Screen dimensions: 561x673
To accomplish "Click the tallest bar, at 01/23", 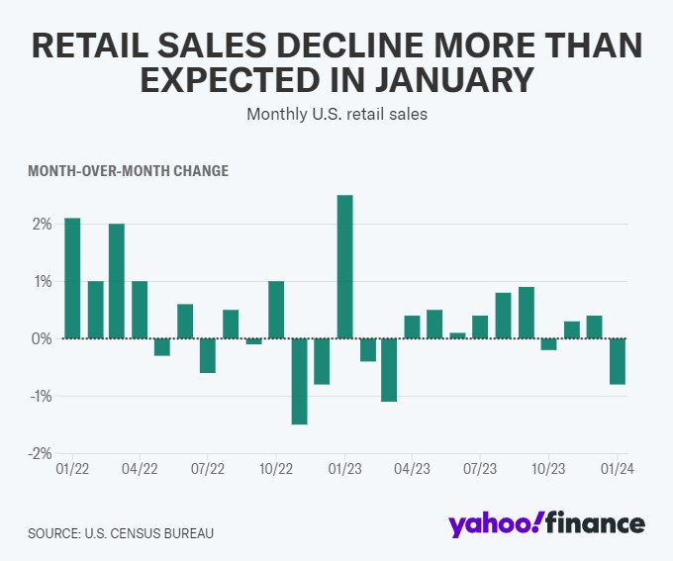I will click(344, 267).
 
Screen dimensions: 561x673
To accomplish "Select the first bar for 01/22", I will click(72, 278).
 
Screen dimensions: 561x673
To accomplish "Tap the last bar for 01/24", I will click(618, 361).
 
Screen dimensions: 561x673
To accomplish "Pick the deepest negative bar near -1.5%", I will click(299, 381).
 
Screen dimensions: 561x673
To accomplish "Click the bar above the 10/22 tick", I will click(276, 310).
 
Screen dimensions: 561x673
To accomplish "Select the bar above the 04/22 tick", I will click(140, 310).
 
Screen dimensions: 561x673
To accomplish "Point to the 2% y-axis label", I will click(40, 224).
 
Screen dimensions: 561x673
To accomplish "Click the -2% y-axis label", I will click(39, 453).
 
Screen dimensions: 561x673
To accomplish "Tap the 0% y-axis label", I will click(40, 338).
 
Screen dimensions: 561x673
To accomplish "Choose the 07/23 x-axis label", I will click(480, 469).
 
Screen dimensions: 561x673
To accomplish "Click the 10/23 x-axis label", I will click(548, 469).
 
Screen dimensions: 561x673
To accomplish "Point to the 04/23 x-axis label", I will click(412, 469).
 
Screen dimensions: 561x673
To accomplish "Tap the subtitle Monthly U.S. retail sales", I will click(336, 113).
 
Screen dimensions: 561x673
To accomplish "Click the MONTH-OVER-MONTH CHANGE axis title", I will click(128, 171).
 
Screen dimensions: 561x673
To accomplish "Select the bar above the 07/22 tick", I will click(208, 355).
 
